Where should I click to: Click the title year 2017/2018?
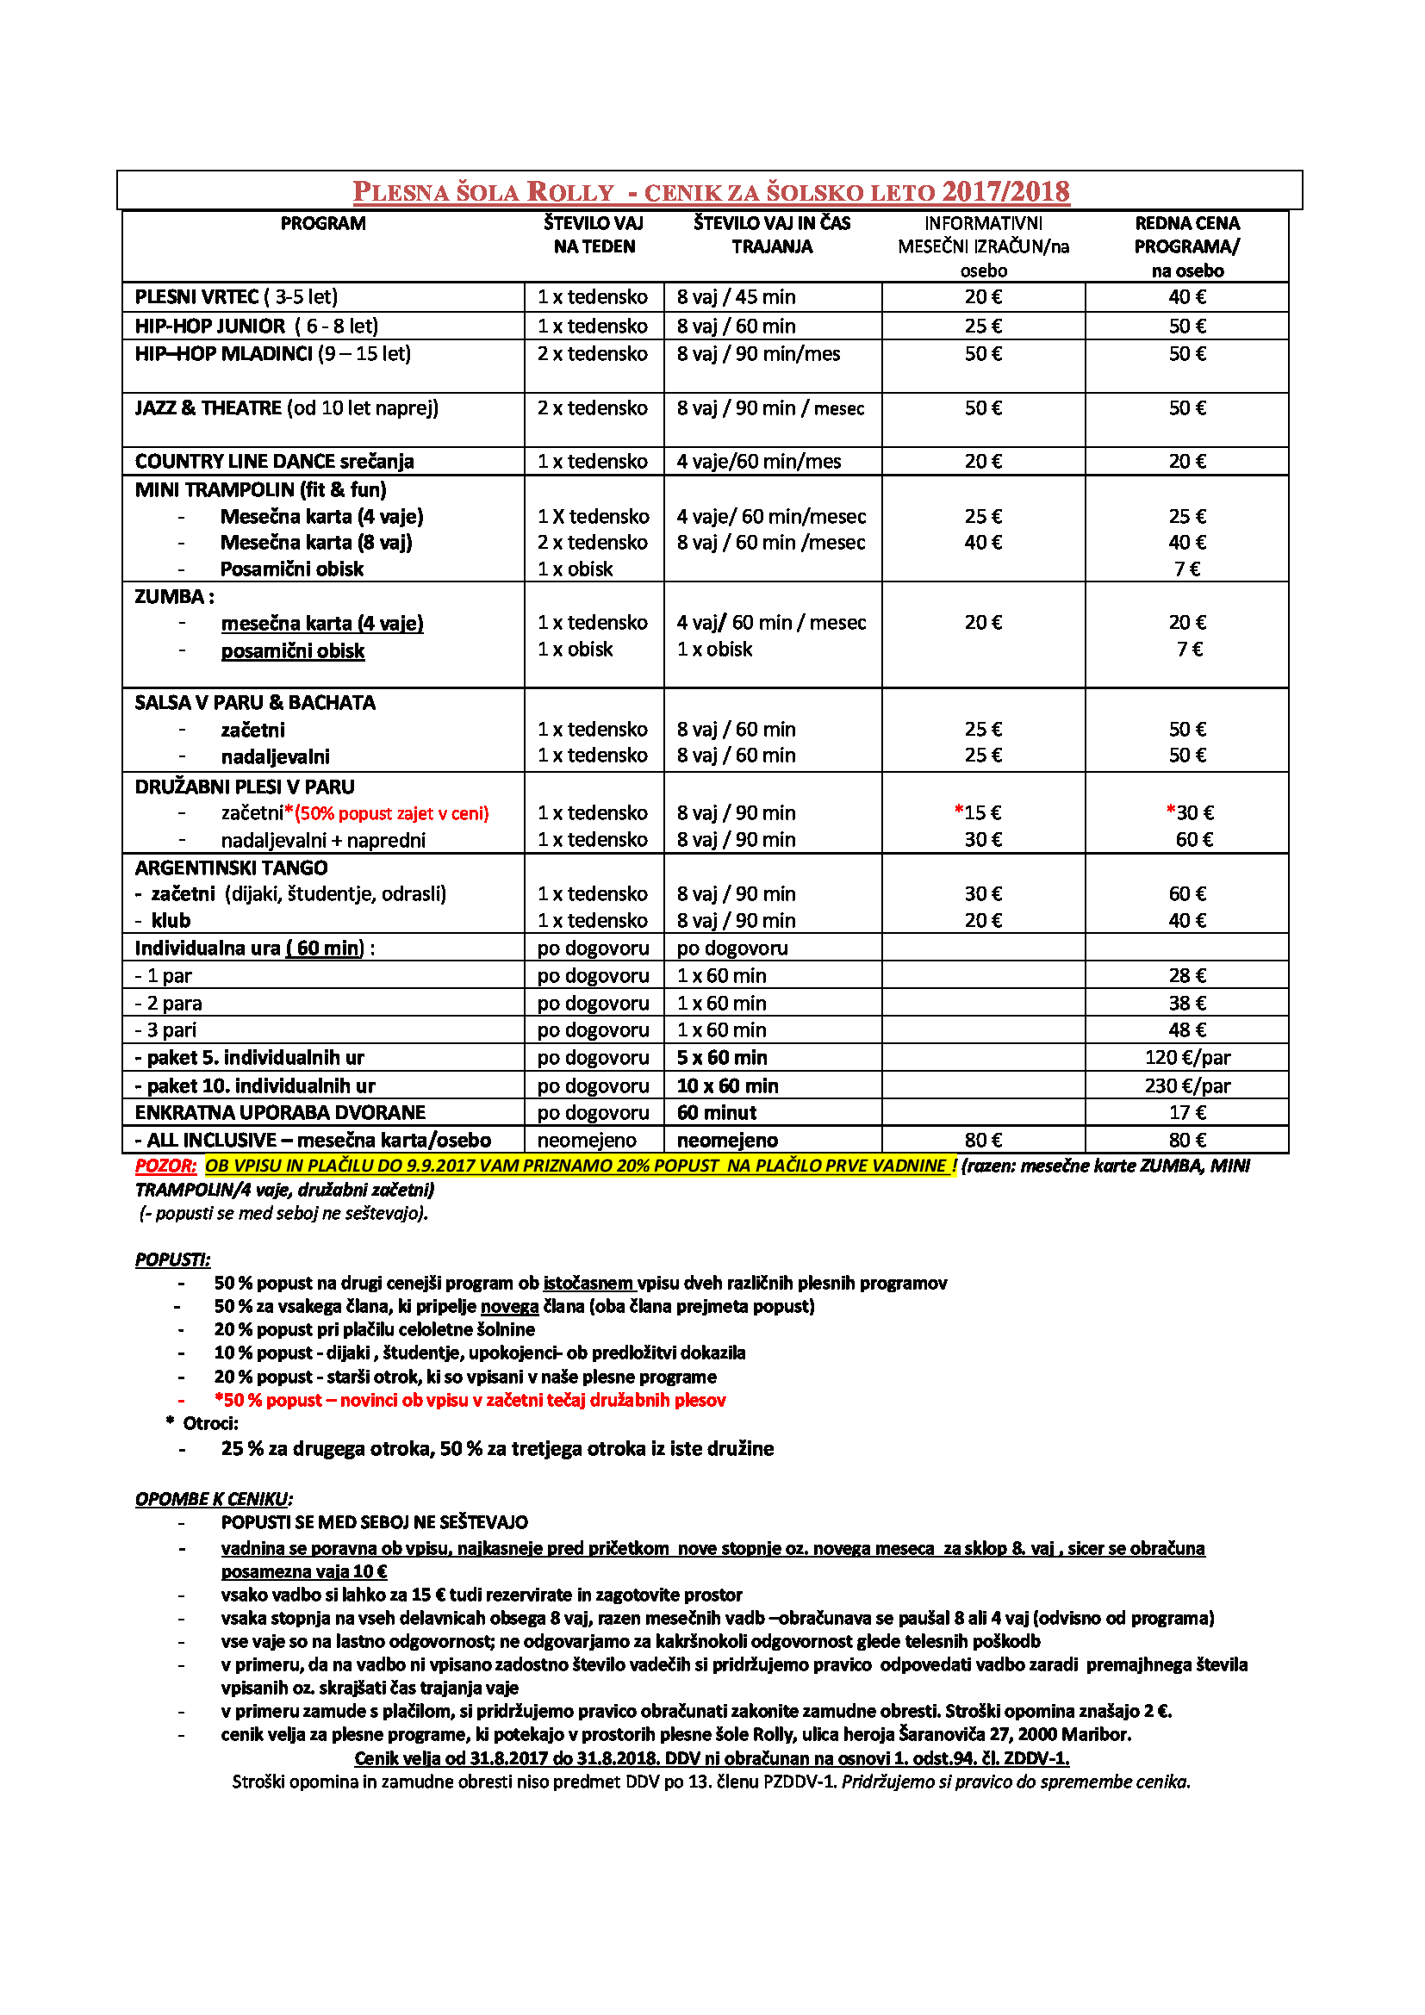(x=1005, y=191)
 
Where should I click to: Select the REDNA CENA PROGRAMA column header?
(x=1186, y=246)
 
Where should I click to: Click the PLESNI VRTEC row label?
(x=235, y=296)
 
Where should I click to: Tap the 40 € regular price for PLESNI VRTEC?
(x=1186, y=296)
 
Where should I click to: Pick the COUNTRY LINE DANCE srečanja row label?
(x=274, y=462)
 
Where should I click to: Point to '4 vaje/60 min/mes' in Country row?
(x=758, y=462)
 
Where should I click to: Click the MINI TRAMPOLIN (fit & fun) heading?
(x=260, y=489)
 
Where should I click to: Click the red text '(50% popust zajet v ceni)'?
(x=392, y=813)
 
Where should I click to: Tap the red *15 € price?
(x=978, y=812)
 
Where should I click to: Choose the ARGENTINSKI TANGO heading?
(x=231, y=868)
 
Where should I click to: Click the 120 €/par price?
(x=1186, y=1058)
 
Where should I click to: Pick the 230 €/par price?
(x=1186, y=1085)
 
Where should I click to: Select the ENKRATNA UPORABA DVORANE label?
(x=280, y=1113)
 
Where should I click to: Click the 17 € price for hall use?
(x=1186, y=1113)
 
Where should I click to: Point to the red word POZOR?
(x=165, y=1166)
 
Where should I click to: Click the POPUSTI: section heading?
(x=173, y=1259)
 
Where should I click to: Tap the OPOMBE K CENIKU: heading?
(x=213, y=1499)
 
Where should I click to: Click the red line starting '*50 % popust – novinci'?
(x=470, y=1400)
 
